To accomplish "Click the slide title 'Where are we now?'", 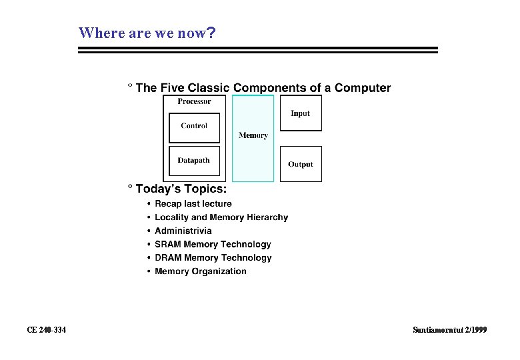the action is pyautogui.click(x=147, y=33).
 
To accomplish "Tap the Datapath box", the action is pyautogui.click(x=194, y=161).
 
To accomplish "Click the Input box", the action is pyautogui.click(x=301, y=113).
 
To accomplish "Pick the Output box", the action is pyautogui.click(x=301, y=164).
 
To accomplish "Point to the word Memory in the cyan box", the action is pyautogui.click(x=253, y=135).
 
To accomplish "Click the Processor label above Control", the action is pyautogui.click(x=194, y=101).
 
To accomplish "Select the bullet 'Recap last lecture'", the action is pyautogui.click(x=193, y=204).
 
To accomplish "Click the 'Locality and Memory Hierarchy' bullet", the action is pyautogui.click(x=221, y=217).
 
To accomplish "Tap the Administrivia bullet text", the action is pyautogui.click(x=183, y=231).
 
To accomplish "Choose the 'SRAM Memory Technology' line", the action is pyautogui.click(x=213, y=244).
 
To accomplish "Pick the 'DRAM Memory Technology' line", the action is pyautogui.click(x=213, y=257).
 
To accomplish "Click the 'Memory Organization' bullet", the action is pyautogui.click(x=201, y=271).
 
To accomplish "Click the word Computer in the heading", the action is pyautogui.click(x=363, y=88).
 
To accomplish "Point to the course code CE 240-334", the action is pyautogui.click(x=46, y=330).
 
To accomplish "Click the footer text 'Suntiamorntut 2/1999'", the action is pyautogui.click(x=450, y=330).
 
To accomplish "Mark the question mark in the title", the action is pyautogui.click(x=211, y=33).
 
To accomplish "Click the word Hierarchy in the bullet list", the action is pyautogui.click(x=267, y=217).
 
